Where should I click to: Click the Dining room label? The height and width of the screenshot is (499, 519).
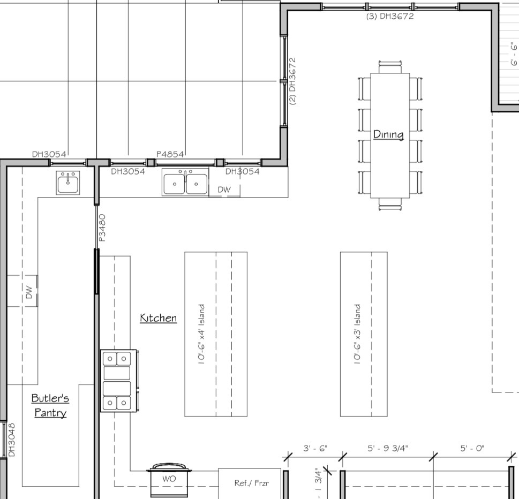click(388, 134)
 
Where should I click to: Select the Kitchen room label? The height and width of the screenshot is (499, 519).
click(158, 317)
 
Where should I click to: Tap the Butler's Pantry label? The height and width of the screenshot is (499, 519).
click(50, 405)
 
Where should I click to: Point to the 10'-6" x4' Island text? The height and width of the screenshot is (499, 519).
click(201, 334)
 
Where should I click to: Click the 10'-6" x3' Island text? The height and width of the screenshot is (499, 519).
click(357, 334)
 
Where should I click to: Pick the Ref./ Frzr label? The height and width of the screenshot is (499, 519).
click(252, 483)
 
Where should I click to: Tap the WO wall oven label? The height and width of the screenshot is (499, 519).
click(169, 479)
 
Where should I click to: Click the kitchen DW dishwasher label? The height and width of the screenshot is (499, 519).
click(224, 190)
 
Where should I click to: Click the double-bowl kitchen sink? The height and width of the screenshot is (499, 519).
click(185, 182)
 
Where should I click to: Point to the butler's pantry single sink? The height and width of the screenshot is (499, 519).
click(68, 183)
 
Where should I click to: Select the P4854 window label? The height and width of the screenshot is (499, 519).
click(170, 154)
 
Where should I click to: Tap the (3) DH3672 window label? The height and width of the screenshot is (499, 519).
click(390, 16)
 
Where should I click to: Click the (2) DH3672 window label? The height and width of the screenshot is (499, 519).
click(292, 81)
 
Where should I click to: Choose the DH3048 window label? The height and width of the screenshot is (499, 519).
click(12, 440)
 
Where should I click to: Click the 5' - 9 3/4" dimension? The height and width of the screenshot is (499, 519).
click(388, 448)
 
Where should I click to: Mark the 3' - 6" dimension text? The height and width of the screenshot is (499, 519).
click(315, 448)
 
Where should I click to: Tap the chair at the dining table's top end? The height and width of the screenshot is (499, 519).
click(390, 67)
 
